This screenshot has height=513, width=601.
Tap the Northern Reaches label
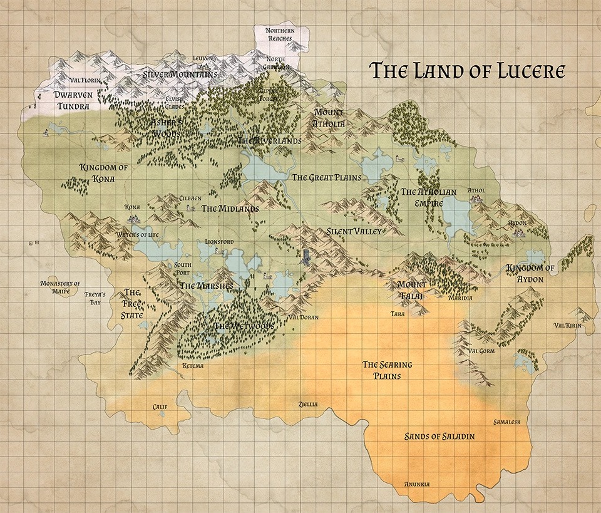279,34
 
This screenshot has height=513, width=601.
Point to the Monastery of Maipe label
60,287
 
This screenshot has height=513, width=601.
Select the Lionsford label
219,241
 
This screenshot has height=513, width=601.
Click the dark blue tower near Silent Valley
306,256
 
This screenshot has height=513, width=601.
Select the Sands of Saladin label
439,436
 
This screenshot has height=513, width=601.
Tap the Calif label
160,407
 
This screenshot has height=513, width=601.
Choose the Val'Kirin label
568,326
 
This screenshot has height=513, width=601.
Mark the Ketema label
193,366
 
